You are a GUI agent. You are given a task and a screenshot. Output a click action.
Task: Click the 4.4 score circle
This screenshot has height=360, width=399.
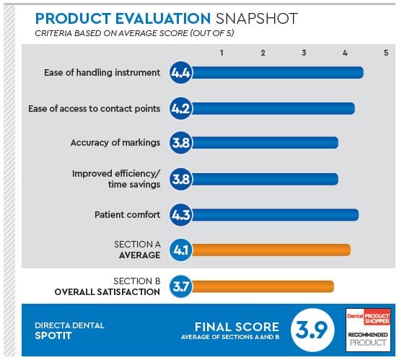click(180, 72)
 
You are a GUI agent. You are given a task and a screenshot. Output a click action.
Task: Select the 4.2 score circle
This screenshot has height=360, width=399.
click(180, 108)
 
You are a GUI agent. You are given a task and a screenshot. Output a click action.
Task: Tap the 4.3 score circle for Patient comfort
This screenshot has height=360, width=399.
click(180, 214)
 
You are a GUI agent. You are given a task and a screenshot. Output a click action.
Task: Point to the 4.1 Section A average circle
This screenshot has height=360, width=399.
click(180, 250)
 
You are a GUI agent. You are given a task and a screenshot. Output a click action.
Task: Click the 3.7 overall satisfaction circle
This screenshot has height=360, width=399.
click(180, 286)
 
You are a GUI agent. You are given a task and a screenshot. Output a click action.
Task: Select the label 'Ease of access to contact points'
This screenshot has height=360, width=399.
click(95, 108)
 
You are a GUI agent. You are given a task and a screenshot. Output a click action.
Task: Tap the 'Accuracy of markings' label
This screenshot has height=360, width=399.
click(115, 142)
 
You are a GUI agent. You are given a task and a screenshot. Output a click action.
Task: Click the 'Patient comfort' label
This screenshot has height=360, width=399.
click(128, 214)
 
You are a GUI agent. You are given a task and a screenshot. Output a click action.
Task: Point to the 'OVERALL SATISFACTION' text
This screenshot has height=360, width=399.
click(108, 292)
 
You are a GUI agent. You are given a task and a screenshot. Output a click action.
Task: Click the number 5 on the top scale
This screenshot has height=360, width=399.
click(386, 53)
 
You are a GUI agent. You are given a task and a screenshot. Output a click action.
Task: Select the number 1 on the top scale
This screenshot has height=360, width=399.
click(222, 53)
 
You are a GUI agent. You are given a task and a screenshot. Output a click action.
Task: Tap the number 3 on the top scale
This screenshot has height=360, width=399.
click(304, 53)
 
